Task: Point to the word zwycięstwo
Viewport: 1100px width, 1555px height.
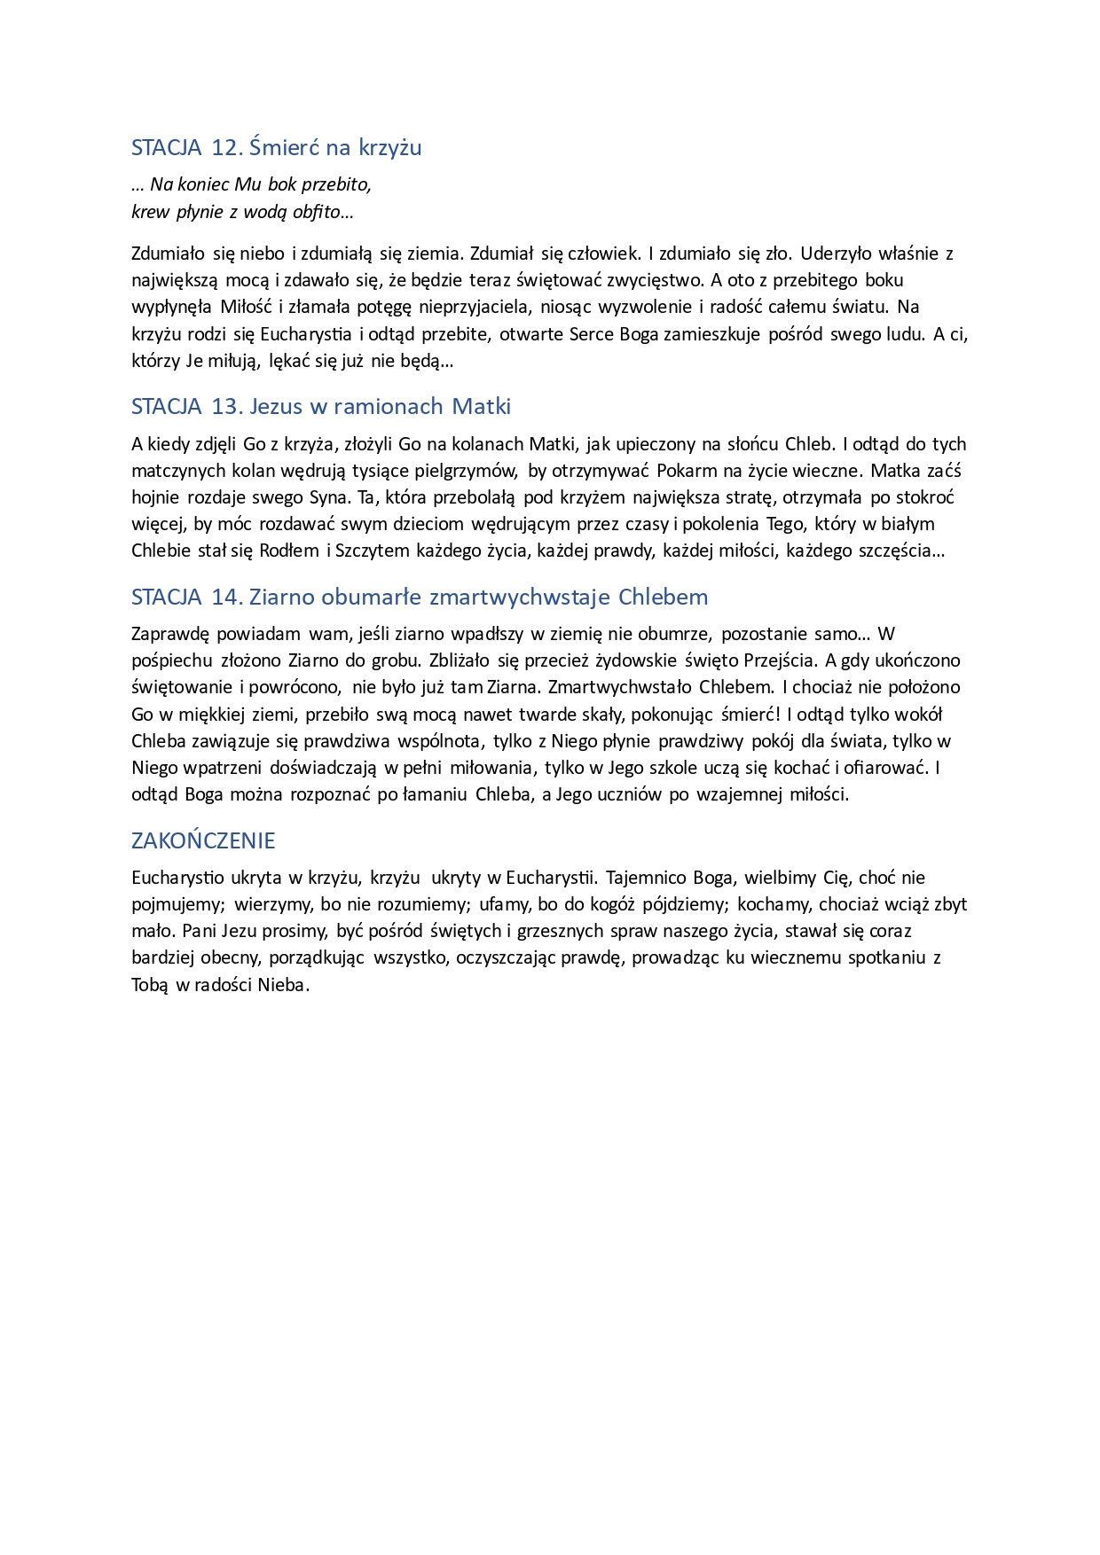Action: (x=658, y=280)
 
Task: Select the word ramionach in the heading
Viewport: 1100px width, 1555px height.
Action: (x=389, y=407)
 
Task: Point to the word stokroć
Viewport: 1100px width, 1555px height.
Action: (x=924, y=497)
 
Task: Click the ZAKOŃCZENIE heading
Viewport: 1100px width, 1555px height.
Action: (x=203, y=840)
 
